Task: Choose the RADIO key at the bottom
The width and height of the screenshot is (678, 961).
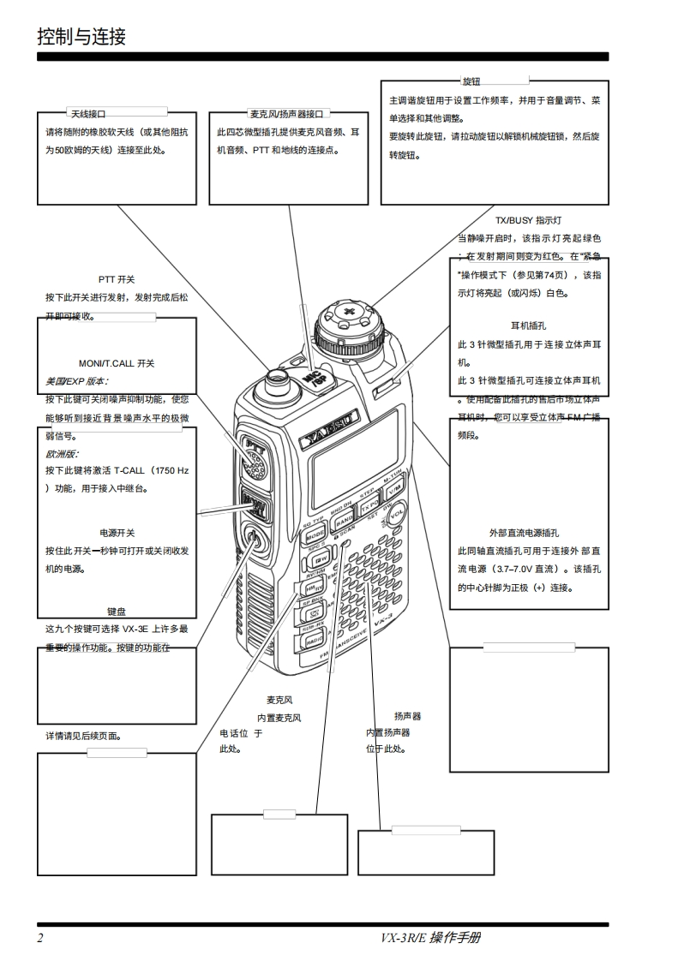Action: (x=315, y=640)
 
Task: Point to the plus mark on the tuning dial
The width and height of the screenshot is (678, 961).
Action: (x=349, y=312)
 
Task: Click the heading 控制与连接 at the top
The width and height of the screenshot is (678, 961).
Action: (x=81, y=37)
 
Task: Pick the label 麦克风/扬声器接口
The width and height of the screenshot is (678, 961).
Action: (x=287, y=113)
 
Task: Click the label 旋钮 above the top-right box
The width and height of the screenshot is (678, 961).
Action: (x=471, y=81)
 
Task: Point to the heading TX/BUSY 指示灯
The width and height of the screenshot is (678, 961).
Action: (x=528, y=220)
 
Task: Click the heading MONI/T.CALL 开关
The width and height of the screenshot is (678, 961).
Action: (x=117, y=363)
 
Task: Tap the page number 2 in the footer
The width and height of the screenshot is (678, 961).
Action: (x=40, y=937)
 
